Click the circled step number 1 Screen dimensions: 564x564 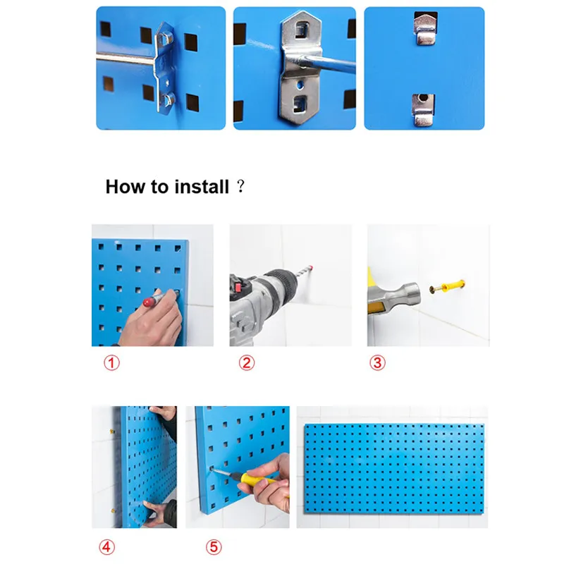pos(111,363)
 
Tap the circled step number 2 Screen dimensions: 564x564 pos(247,363)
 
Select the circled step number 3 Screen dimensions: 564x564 pos(377,363)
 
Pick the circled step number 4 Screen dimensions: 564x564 pos(107,547)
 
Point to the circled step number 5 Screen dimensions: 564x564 pos(214,547)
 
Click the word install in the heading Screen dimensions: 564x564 pos(202,187)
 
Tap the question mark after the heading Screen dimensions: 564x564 pos(240,186)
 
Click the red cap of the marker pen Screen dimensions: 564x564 pos(148,302)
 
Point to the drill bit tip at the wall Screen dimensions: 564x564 pos(310,268)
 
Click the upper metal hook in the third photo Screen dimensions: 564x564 pos(426,29)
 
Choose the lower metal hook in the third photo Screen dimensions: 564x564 pos(424,110)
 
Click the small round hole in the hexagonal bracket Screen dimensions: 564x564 pos(300,85)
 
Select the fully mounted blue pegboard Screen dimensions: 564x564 pos(394,469)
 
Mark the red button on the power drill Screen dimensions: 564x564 pos(237,287)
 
